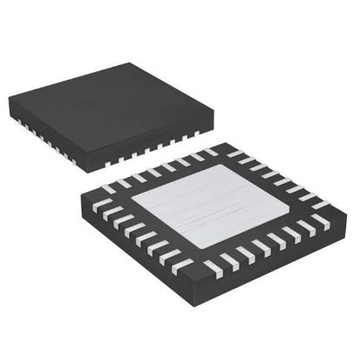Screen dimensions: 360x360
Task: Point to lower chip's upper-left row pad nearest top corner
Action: point(208,153)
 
